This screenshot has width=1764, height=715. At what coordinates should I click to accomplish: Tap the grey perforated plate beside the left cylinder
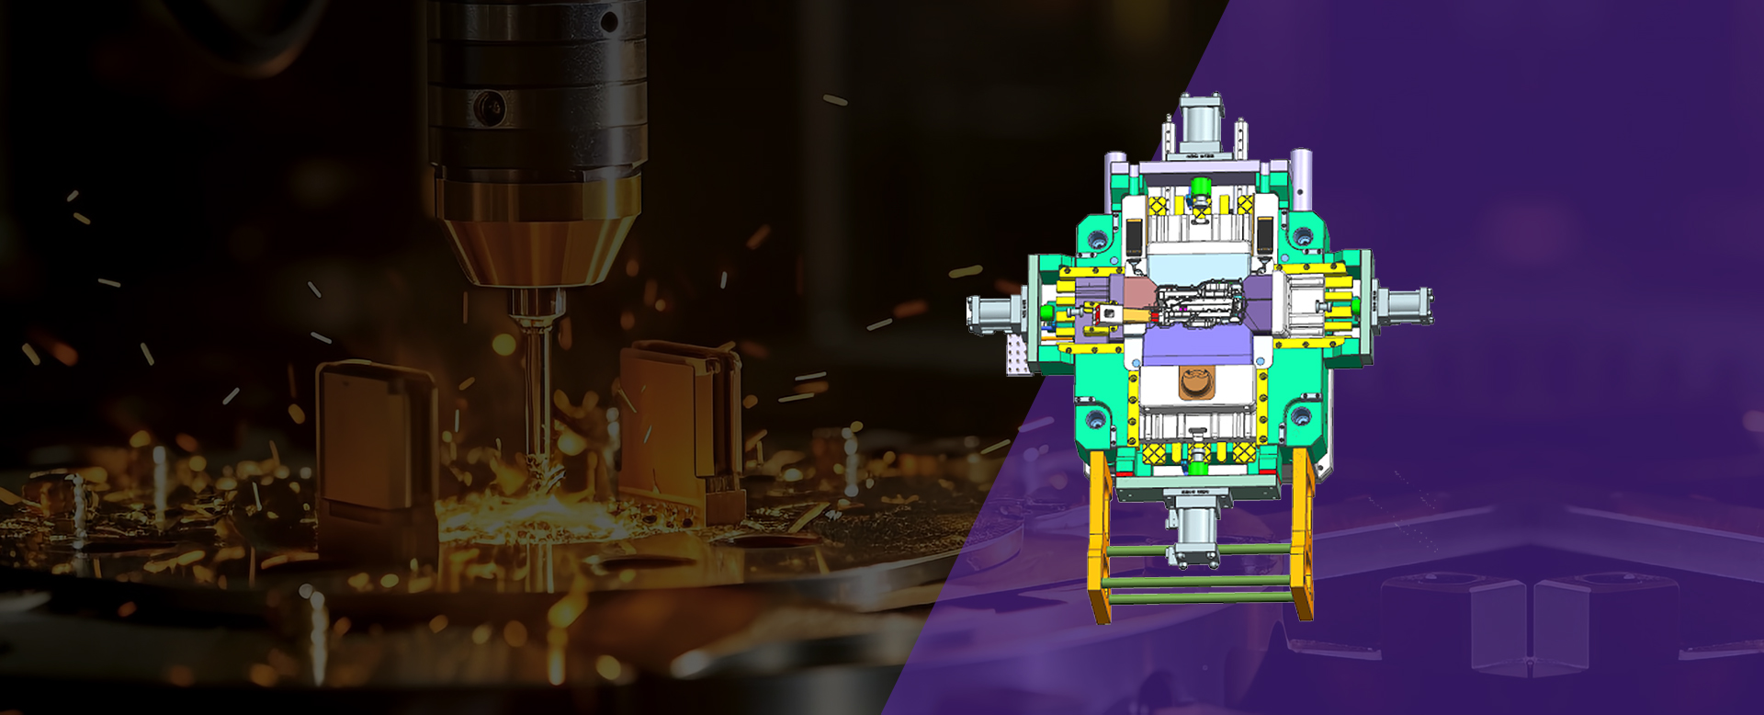1017,354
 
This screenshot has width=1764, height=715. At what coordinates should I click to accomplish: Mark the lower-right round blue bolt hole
1302,415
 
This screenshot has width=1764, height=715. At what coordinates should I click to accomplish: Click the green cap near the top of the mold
1198,187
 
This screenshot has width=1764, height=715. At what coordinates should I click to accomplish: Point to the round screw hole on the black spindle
489,108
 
